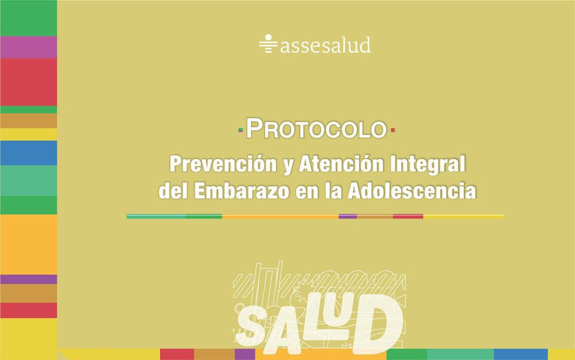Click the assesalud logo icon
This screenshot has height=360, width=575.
[268, 44]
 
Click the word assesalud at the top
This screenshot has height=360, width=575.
[326, 45]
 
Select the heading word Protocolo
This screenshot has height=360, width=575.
[316, 129]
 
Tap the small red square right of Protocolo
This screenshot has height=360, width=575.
[392, 130]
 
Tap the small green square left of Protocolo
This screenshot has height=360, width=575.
[240, 130]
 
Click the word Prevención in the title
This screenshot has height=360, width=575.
[223, 164]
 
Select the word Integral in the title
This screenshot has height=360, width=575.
[428, 164]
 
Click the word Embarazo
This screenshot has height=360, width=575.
[242, 191]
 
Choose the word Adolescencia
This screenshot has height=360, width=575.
[412, 191]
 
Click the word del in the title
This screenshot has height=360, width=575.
[173, 191]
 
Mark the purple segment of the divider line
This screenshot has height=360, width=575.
[347, 217]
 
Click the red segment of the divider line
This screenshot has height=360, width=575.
[408, 217]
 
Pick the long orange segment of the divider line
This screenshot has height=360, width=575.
[280, 217]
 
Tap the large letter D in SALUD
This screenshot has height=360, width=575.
[378, 324]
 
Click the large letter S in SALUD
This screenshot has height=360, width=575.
[253, 326]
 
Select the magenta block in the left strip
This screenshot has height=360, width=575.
[29, 47]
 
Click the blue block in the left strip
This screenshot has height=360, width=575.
[29, 153]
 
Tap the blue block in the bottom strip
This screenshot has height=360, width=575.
[521, 355]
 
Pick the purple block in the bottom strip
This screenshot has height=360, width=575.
[245, 355]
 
